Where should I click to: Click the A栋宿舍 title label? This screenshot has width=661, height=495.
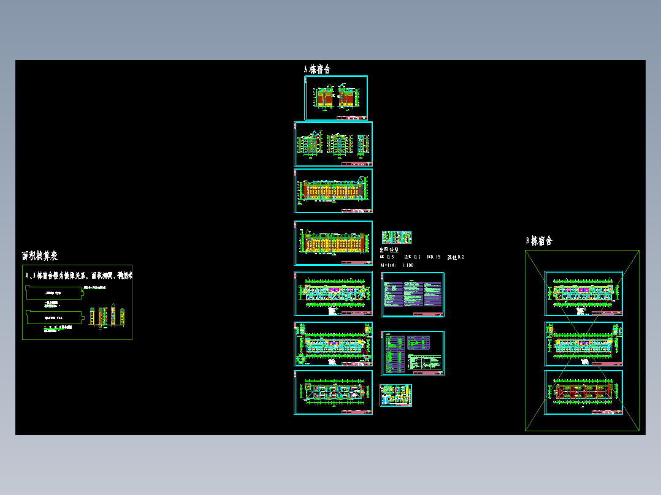pyautogui.click(x=317, y=69)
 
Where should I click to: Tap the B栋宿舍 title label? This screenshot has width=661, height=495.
pyautogui.click(x=539, y=241)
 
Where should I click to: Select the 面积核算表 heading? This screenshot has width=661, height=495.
pyautogui.click(x=40, y=255)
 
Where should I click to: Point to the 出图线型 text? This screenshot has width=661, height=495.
pyautogui.click(x=389, y=250)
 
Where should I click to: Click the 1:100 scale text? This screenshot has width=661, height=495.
pyautogui.click(x=407, y=265)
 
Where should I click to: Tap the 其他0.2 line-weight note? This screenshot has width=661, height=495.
pyautogui.click(x=456, y=257)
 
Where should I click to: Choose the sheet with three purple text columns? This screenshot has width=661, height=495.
pyautogui.click(x=412, y=295)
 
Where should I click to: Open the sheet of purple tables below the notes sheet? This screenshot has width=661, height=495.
pyautogui.click(x=412, y=353)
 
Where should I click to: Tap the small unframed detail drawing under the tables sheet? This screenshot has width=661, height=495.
pyautogui.click(x=395, y=395)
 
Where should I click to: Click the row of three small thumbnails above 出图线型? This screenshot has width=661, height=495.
pyautogui.click(x=396, y=237)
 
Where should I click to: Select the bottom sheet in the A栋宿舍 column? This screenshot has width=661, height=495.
pyautogui.click(x=333, y=393)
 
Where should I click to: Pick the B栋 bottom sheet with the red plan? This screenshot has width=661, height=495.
pyautogui.click(x=583, y=392)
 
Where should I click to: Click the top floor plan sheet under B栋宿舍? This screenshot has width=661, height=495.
pyautogui.click(x=583, y=293)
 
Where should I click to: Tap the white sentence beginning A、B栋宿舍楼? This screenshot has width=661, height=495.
pyautogui.click(x=78, y=276)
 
